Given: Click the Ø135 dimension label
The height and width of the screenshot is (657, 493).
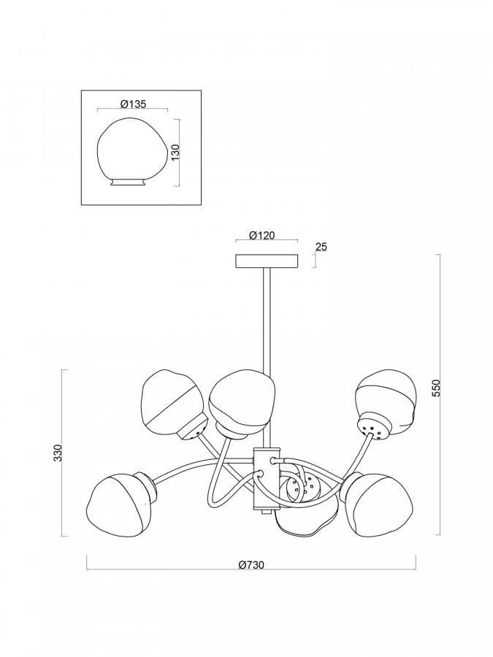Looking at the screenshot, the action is pyautogui.click(x=133, y=104).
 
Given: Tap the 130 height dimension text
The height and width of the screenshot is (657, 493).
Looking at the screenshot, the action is pyautogui.click(x=175, y=153).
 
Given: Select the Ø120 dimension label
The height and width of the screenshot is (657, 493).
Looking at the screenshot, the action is pyautogui.click(x=262, y=236).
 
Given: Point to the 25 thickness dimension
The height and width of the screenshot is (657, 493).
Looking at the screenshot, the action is pyautogui.click(x=321, y=247).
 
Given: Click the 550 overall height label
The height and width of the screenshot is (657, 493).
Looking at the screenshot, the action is pyautogui.click(x=437, y=388).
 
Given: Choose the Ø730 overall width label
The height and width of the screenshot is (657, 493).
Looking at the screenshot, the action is pyautogui.click(x=251, y=565).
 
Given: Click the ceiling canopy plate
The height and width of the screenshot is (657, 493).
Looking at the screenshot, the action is pyautogui.click(x=267, y=261).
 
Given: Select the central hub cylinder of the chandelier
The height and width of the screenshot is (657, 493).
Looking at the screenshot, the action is pyautogui.click(x=266, y=478).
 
